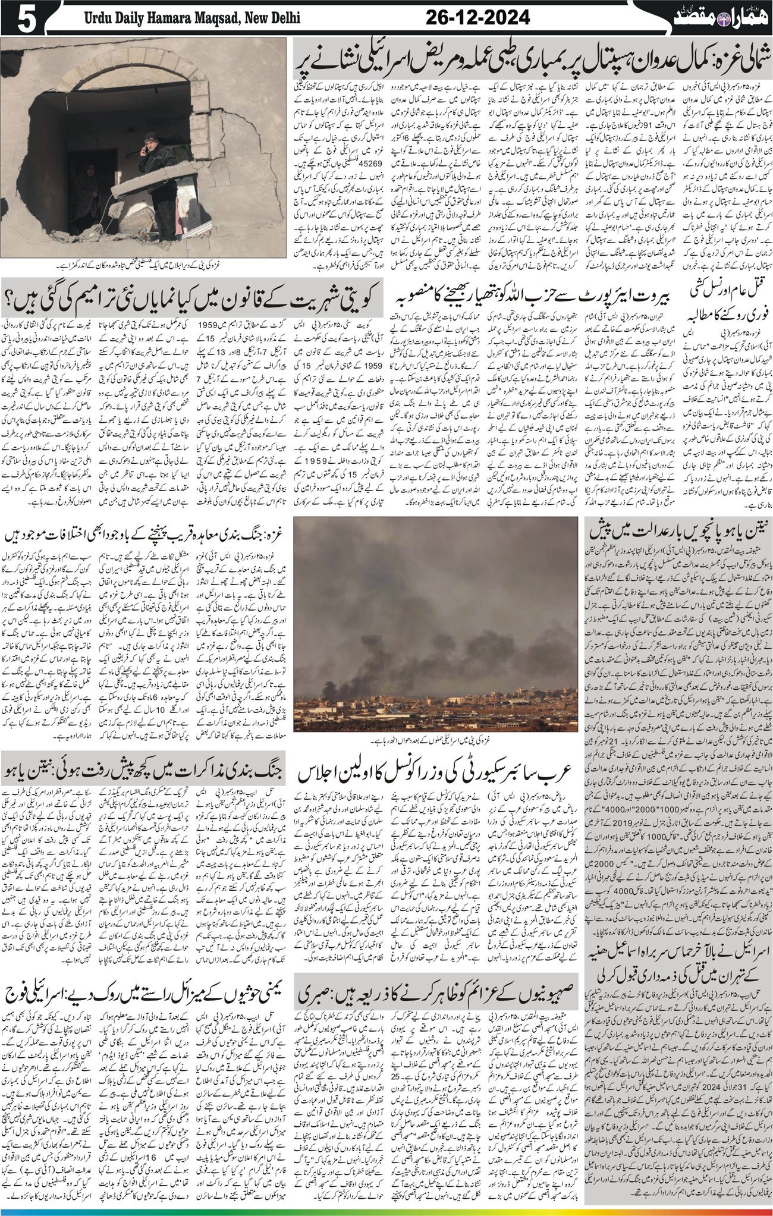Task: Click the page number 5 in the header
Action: pos(23,18)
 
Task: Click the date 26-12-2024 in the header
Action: pos(477,18)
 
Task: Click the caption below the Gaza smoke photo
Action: pos(436,741)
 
